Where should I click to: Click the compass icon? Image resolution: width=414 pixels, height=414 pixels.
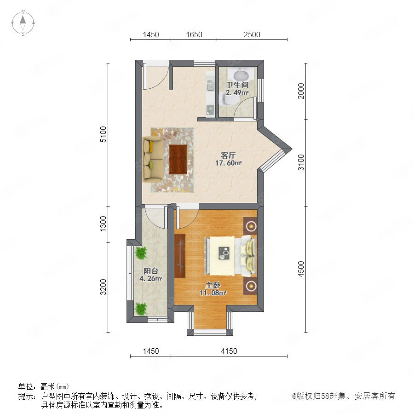[23, 23]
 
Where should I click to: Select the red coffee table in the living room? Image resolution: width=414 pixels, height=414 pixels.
[178, 159]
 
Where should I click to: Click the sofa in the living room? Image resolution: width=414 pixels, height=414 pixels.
[153, 159]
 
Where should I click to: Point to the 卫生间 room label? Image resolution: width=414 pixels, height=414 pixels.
[237, 85]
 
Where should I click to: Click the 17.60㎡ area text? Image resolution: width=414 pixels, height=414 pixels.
[228, 163]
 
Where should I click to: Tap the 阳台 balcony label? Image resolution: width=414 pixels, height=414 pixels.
[151, 271]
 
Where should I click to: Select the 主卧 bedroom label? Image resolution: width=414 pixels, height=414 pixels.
[213, 285]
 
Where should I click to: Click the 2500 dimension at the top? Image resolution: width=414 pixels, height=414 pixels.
[252, 34]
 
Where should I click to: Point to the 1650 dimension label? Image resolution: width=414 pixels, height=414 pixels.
[194, 34]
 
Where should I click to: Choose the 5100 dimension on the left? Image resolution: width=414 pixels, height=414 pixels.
[103, 134]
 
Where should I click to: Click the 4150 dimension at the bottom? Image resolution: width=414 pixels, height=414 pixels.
[229, 351]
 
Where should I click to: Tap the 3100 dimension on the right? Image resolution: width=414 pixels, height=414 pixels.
[301, 162]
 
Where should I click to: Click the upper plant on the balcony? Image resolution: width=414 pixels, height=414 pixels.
[141, 253]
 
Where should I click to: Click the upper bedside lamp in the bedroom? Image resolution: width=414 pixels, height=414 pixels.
[251, 226]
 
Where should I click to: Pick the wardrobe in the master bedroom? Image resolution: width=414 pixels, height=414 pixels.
[180, 256]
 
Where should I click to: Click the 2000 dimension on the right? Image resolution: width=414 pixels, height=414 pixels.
[301, 91]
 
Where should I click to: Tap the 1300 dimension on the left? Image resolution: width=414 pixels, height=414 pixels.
[103, 224]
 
